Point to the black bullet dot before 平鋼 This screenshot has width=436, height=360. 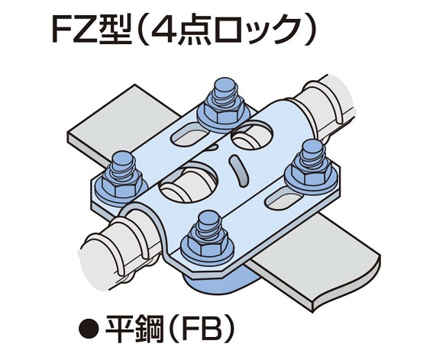[x=89, y=329]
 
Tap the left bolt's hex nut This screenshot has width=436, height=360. [x=121, y=184]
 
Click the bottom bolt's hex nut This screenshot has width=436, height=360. [x=207, y=242]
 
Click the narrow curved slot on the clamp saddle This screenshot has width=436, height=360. [x=238, y=170]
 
